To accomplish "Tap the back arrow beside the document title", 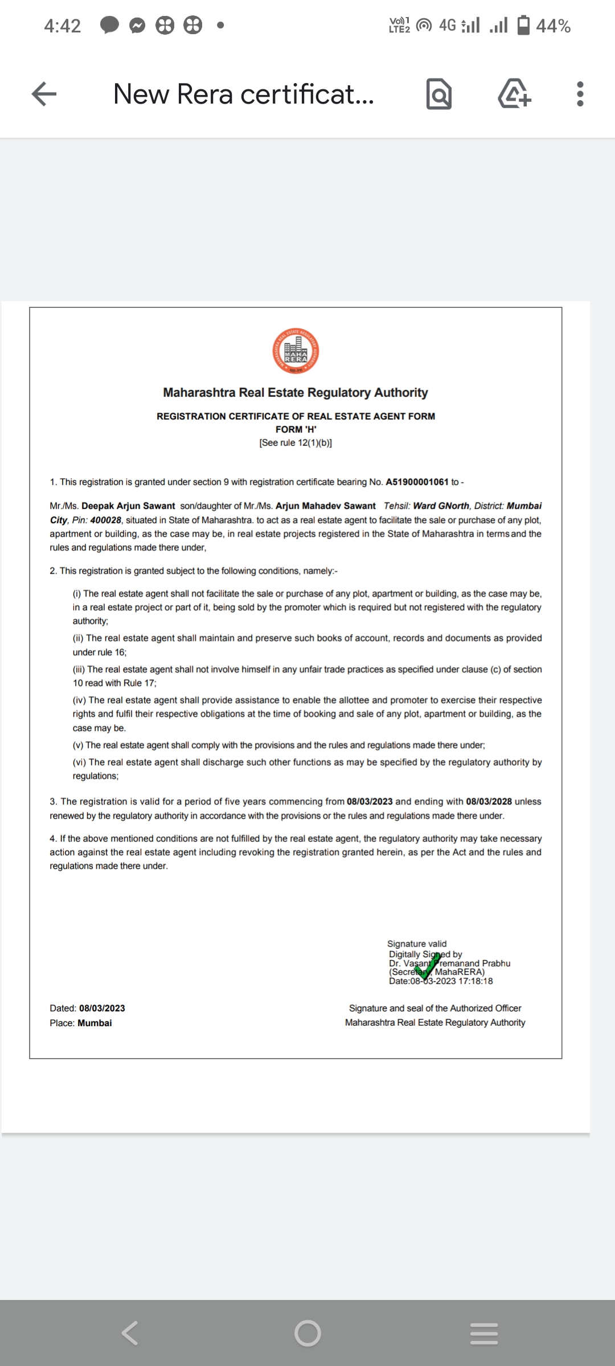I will point(44,94).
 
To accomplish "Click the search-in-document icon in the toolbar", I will point(439,94).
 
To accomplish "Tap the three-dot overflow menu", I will point(580,94).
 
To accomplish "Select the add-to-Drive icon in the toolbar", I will point(514,94).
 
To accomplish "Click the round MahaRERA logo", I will point(296,351).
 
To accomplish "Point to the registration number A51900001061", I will point(417,482).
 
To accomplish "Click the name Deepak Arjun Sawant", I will point(128,506).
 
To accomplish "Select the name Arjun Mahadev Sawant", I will point(325,506).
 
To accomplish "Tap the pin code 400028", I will point(106,520).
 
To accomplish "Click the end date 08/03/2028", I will point(489,801).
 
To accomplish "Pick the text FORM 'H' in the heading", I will point(296,430).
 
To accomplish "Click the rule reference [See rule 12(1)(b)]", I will point(296,443).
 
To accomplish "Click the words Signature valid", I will point(417,944).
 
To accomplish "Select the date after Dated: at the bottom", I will point(102,1008).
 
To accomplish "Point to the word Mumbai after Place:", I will point(95,1023).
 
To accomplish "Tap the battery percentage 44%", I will point(553,26).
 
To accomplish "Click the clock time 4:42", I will point(63,26).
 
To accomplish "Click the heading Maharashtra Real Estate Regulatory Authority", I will point(296,393).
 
